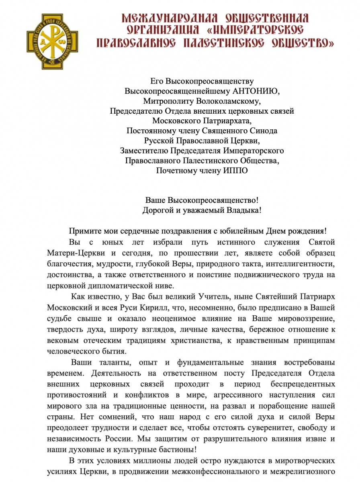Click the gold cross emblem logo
pyautogui.click(x=52, y=41)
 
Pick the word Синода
pyautogui.click(x=263, y=131)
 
